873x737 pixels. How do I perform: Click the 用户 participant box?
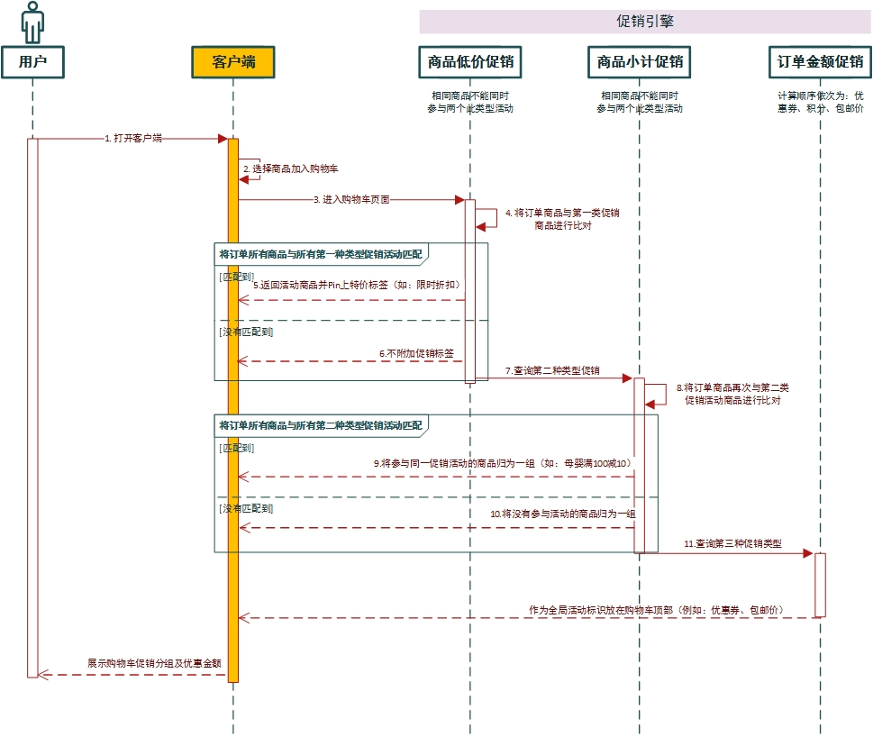32,62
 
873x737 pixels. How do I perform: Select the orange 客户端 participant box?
232,62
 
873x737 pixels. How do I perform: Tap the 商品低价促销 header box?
470,62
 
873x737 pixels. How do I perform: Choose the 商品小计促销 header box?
639,62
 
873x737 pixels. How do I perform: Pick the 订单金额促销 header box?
820,62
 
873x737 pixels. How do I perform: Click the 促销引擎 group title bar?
644,22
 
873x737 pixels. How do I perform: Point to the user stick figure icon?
32,23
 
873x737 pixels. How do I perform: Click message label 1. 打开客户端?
133,139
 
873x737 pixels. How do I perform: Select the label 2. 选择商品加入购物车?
290,168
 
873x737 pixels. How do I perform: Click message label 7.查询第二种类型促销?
552,370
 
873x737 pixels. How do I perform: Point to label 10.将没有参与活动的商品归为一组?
562,513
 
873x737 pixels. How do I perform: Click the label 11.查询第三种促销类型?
732,544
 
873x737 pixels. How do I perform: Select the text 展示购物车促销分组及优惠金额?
154,662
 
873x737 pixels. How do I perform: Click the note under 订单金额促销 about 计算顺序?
820,101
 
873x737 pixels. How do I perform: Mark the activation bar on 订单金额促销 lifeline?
820,584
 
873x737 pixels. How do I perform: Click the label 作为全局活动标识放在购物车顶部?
656,610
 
